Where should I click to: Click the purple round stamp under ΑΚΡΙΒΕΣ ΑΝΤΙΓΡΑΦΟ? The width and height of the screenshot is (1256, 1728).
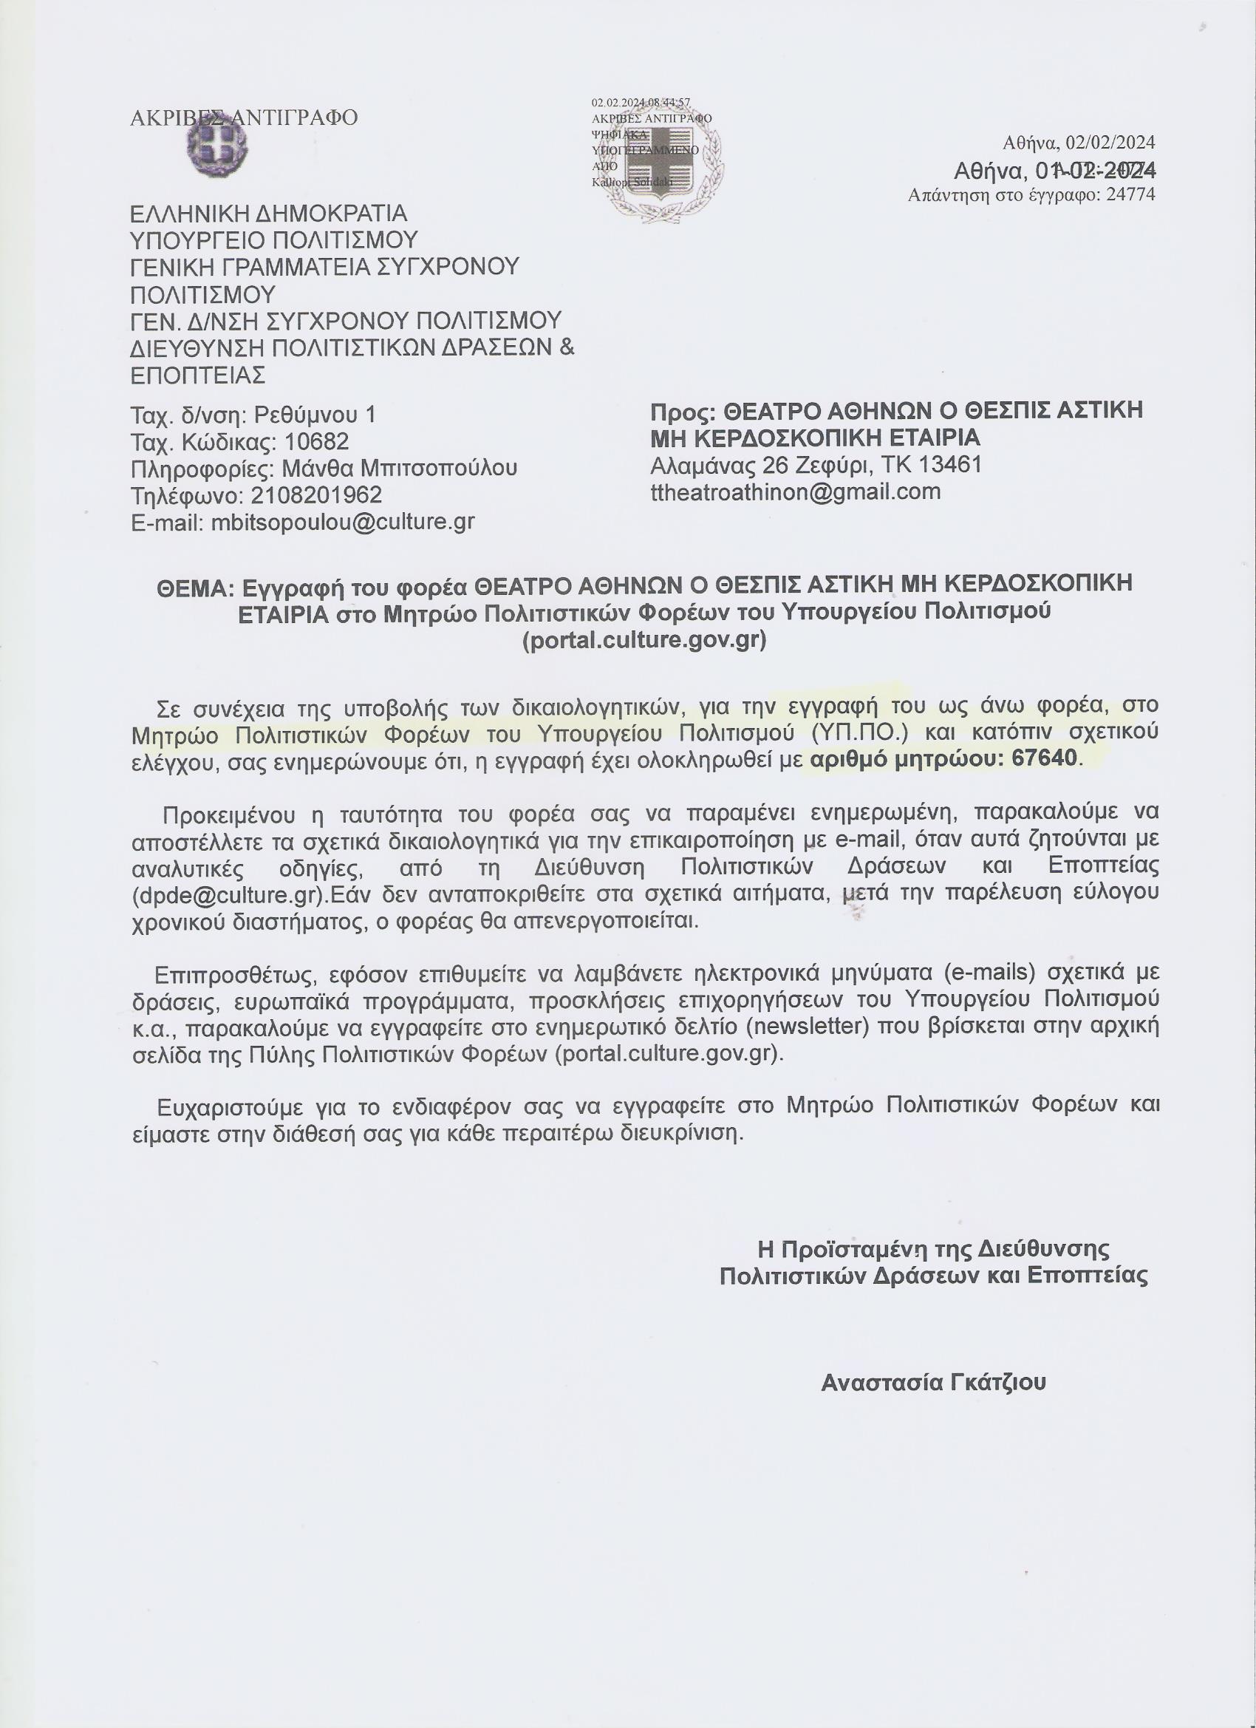coord(218,147)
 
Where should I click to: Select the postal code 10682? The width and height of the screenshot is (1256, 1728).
coord(316,441)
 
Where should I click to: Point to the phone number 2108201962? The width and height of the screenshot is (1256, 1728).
coord(316,495)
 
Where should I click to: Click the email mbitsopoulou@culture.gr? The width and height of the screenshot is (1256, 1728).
coord(343,522)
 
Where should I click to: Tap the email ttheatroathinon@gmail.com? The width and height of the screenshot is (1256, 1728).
coord(795,491)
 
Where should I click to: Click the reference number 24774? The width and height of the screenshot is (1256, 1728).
coord(1130,195)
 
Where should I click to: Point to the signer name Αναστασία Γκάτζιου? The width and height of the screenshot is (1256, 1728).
coord(933,1382)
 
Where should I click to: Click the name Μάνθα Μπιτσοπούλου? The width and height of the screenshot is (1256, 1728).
coord(399,468)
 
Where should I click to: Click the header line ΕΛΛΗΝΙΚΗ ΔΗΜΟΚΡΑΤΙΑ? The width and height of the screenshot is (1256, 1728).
coord(269,214)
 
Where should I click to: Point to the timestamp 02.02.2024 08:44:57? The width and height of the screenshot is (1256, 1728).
coord(641,102)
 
